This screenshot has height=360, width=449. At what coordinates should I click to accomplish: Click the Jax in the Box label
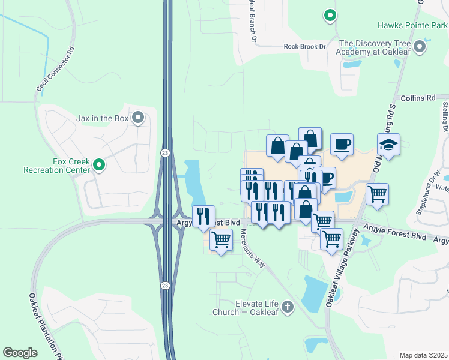[x=102, y=118]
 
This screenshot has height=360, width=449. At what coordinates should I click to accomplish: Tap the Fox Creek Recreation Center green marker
[x=100, y=164]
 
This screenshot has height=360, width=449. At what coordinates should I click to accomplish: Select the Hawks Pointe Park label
[x=412, y=25]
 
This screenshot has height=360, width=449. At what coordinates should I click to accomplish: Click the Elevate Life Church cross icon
[x=287, y=308]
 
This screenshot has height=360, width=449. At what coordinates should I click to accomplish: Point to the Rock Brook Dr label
[x=304, y=46]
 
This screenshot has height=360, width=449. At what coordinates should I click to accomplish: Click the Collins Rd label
[x=417, y=98]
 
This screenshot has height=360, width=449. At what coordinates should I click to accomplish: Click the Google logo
[x=20, y=352]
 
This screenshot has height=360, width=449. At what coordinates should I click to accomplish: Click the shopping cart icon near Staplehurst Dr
[x=377, y=193]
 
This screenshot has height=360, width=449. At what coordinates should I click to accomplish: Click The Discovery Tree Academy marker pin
[x=420, y=46]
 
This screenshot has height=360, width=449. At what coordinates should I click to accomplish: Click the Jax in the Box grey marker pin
[x=139, y=118]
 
